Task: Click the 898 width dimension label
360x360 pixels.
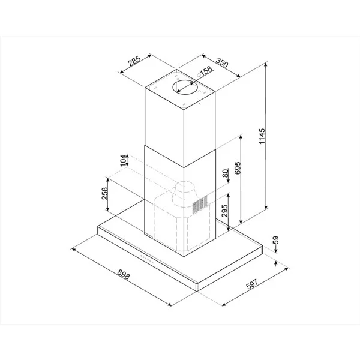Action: point(124,274)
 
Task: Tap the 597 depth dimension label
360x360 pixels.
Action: point(252,284)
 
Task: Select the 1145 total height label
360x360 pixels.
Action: point(262,136)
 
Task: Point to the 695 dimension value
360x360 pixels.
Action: point(238,168)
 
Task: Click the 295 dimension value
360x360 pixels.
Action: point(224,211)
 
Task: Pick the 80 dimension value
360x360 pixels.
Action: point(226,173)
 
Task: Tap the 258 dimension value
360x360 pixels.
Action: point(104,194)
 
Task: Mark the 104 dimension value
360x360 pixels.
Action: point(124,160)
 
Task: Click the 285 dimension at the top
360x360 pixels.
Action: point(134,61)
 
